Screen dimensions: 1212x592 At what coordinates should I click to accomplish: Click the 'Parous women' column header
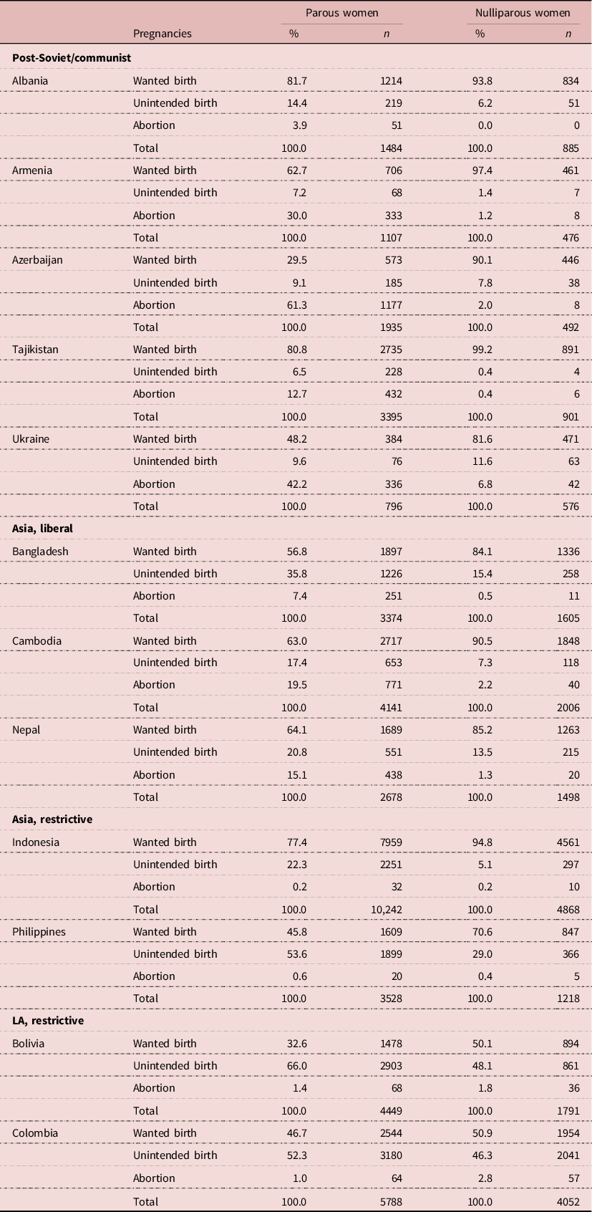341,13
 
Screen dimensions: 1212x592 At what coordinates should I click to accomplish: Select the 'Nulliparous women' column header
523,13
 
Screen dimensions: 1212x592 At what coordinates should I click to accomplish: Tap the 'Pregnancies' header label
162,34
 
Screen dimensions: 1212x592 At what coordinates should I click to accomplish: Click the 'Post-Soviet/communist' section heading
72,57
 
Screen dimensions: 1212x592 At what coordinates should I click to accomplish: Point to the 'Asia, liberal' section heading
42,529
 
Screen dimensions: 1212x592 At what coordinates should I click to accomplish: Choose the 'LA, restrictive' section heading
48,1021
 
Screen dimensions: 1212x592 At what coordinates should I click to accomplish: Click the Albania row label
30,81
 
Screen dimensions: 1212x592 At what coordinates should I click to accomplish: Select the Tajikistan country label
35,350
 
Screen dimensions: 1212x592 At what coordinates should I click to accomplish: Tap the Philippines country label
39,932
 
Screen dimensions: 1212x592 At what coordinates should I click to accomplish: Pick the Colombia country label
35,1133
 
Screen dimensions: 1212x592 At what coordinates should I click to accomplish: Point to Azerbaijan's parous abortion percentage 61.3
296,305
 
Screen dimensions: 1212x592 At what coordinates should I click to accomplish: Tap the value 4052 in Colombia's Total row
567,1202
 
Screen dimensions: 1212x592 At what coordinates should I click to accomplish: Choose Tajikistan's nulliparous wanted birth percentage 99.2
482,350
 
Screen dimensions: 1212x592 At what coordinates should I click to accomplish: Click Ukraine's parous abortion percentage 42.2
296,484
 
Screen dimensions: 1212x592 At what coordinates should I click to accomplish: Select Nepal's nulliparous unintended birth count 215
571,752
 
